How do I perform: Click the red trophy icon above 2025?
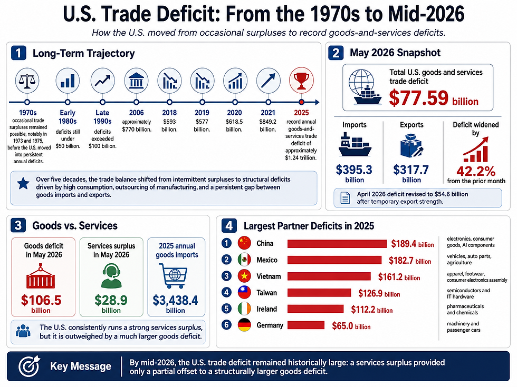point(301,81)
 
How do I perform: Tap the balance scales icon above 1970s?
point(27,81)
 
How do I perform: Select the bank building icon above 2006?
point(136,81)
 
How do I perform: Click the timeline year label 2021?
point(268,113)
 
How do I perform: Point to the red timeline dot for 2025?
point(301,102)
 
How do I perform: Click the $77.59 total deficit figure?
point(419,98)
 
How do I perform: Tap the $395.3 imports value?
point(354,170)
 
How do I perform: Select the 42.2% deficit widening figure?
point(476,171)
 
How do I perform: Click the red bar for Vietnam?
point(329,276)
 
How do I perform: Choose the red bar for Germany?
point(306,325)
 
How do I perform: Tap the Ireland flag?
point(244,309)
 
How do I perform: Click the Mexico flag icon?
point(244,260)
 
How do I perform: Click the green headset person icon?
point(111,276)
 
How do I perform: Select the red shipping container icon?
point(41,276)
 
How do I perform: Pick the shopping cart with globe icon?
point(174,276)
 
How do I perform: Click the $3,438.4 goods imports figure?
point(175,300)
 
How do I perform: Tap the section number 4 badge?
point(229,226)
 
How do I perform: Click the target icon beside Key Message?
point(29,366)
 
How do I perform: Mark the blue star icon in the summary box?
point(23,183)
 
